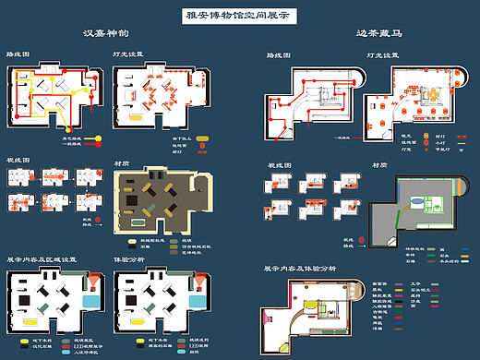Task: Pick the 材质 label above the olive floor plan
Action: (x=121, y=163)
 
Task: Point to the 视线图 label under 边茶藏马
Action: (x=278, y=165)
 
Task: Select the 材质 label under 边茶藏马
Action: (x=378, y=165)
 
